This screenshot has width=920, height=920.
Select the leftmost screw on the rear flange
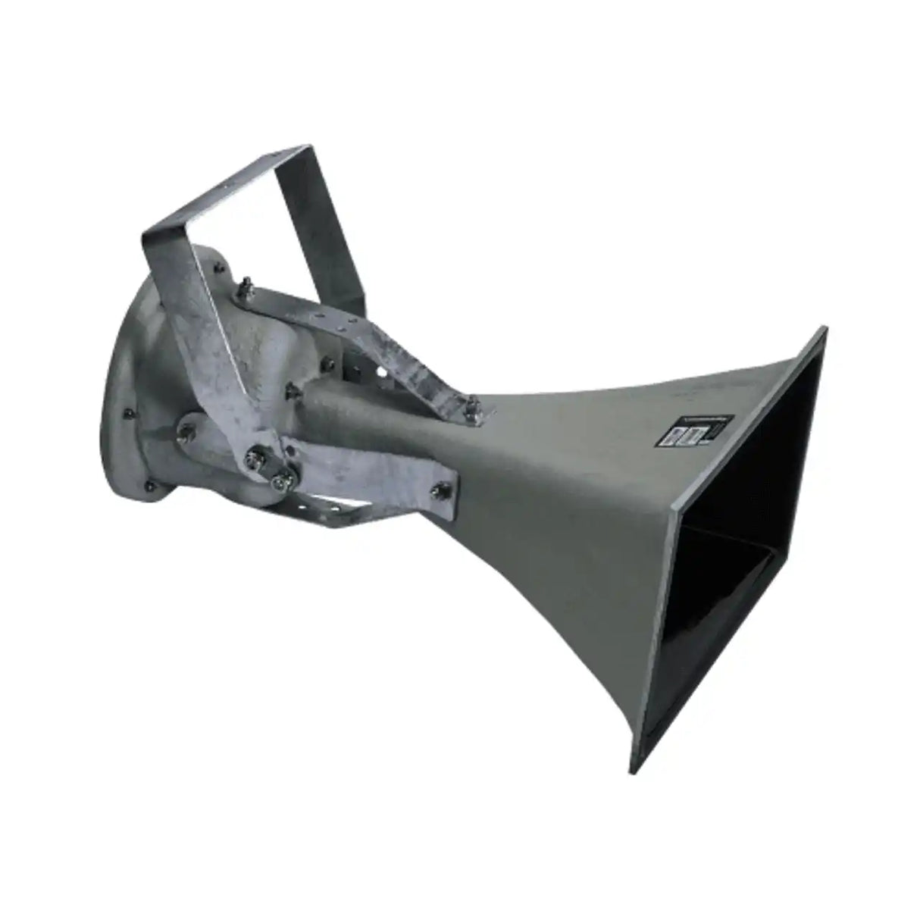pyautogui.click(x=124, y=414)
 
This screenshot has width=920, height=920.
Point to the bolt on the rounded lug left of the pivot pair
pyautogui.click(x=184, y=431)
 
